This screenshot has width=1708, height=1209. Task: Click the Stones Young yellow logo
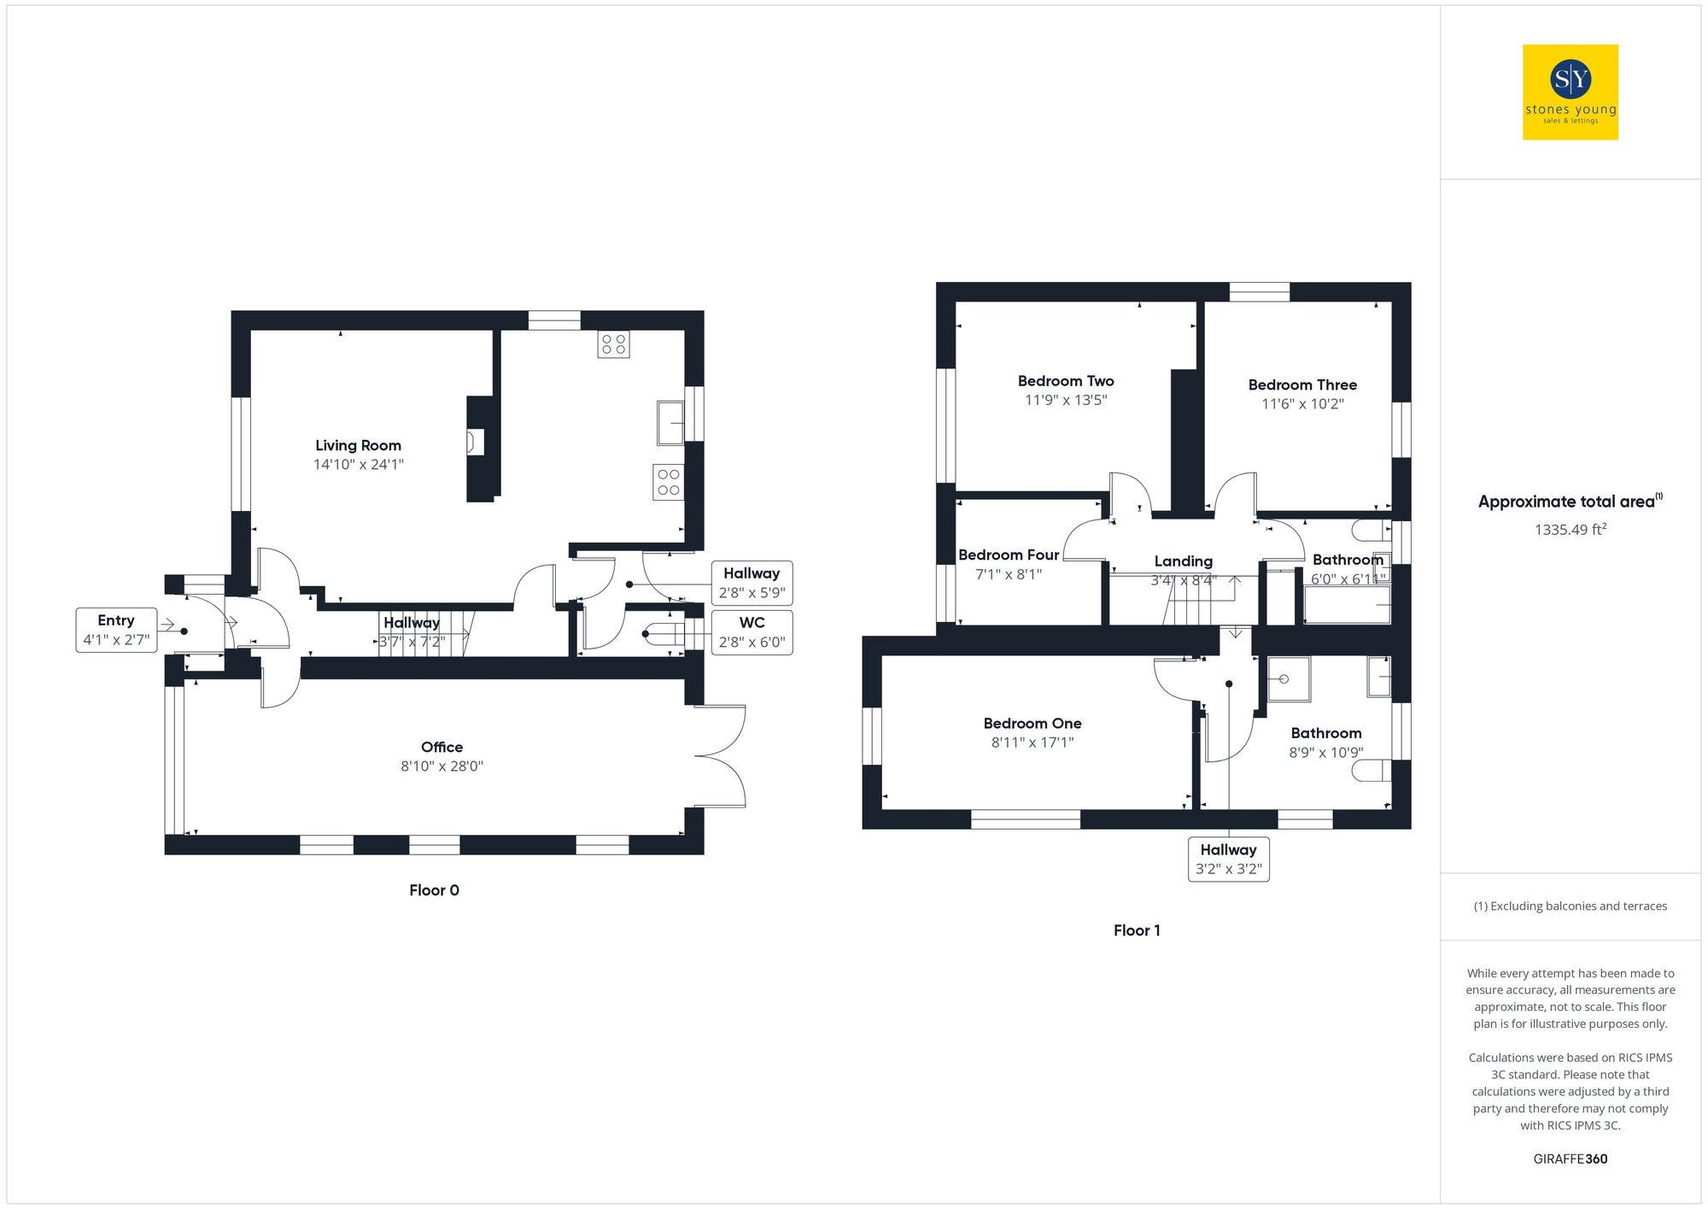(1570, 92)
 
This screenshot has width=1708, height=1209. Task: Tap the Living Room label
(358, 445)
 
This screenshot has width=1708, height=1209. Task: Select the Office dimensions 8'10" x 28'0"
(442, 766)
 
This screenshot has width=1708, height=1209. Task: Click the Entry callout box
(116, 630)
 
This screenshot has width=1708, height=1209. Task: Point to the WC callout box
(752, 632)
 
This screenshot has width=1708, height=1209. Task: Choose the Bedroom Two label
(1066, 381)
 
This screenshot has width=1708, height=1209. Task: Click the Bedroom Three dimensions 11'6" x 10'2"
(1302, 404)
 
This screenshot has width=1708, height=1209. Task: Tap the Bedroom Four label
(1009, 555)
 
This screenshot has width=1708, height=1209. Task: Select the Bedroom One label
(1032, 724)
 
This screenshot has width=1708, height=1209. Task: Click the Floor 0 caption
(434, 890)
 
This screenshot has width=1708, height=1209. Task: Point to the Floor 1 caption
(1137, 930)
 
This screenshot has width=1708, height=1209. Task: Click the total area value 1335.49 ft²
(1570, 530)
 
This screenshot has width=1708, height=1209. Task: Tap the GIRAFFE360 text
(1570, 1159)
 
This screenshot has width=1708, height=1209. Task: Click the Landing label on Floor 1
(1183, 561)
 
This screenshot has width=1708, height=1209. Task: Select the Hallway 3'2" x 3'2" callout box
(1228, 859)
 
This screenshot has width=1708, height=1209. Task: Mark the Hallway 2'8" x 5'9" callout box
(752, 583)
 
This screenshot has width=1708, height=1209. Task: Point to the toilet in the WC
(663, 634)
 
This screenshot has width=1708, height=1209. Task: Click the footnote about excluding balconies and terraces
(1570, 906)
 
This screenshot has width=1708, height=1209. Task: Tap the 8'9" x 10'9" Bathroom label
(1325, 733)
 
